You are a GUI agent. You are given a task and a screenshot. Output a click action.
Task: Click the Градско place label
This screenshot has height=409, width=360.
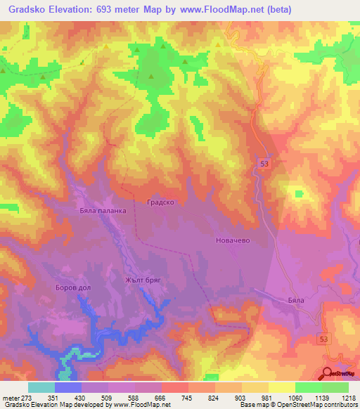(x=160, y=202)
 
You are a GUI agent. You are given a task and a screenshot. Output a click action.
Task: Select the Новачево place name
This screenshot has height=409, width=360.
(x=232, y=240)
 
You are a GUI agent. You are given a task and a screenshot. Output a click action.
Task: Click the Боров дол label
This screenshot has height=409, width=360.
(x=74, y=288)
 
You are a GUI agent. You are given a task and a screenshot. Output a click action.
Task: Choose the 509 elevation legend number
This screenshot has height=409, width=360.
(x=108, y=398)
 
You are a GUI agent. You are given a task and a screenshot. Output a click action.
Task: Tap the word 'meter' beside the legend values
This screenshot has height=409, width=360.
(x=10, y=398)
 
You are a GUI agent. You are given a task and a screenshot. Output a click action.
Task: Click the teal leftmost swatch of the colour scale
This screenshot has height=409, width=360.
(x=41, y=387)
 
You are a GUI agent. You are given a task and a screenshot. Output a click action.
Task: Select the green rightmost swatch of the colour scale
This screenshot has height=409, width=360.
(x=335, y=387)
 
